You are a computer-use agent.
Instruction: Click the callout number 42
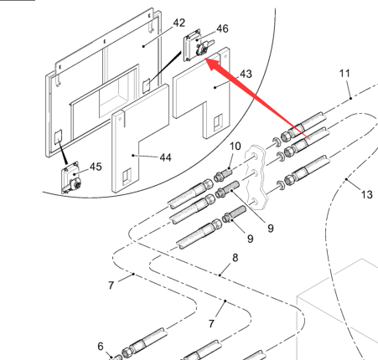pyautogui.click(x=179, y=23)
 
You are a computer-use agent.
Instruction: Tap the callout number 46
pyautogui.click(x=222, y=28)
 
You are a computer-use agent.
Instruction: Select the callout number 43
pyautogui.click(x=246, y=74)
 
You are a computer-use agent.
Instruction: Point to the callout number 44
pyautogui.click(x=165, y=157)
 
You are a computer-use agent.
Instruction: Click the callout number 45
pyautogui.click(x=96, y=167)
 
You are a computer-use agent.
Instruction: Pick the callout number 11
pyautogui.click(x=344, y=74)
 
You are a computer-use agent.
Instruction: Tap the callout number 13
pyautogui.click(x=367, y=194)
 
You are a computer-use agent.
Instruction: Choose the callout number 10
pyautogui.click(x=236, y=146)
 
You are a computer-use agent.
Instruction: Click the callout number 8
pyautogui.click(x=236, y=258)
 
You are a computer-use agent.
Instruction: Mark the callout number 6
pyautogui.click(x=101, y=347)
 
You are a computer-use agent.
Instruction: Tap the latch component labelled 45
pyautogui.click(x=71, y=177)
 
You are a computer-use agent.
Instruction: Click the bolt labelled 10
pyautogui.click(x=223, y=174)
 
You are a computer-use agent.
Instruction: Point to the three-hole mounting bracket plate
pyautogui.click(x=256, y=177)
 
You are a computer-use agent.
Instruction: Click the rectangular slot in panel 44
pyautogui.click(x=127, y=177)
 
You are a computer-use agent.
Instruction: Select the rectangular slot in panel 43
pyautogui.click(x=218, y=122)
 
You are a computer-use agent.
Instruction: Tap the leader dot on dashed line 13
pyautogui.click(x=346, y=179)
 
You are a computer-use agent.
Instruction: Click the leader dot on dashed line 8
pyautogui.click(x=220, y=275)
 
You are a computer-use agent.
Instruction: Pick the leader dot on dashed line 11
pyautogui.click(x=351, y=98)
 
